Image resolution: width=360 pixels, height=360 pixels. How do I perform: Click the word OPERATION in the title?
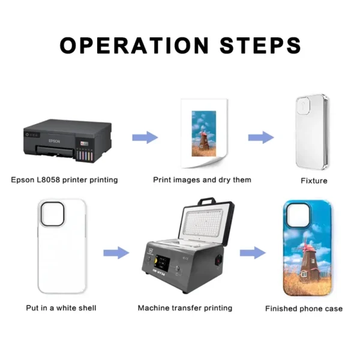coord(134,45)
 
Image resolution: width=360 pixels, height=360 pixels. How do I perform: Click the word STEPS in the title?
coord(260,45)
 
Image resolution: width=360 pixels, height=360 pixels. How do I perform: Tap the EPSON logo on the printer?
coord(54,141)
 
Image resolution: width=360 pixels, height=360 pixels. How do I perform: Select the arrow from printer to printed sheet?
coord(145,137)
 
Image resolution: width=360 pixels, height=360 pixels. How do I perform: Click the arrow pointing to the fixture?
coord(261,137)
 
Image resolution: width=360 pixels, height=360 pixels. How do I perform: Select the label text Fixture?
coord(314,181)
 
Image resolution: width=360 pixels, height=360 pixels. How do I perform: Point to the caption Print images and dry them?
coord(202,180)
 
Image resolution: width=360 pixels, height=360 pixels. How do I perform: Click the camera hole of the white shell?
coord(52,214)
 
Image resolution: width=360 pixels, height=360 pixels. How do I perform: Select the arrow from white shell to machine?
coord(116,253)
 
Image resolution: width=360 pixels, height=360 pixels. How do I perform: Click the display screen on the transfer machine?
coord(163,262)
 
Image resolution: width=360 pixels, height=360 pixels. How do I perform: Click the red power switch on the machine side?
coord(218,260)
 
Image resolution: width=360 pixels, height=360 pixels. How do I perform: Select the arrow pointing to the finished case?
coord(253,253)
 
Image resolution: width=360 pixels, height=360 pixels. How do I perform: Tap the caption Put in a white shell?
coord(61,308)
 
